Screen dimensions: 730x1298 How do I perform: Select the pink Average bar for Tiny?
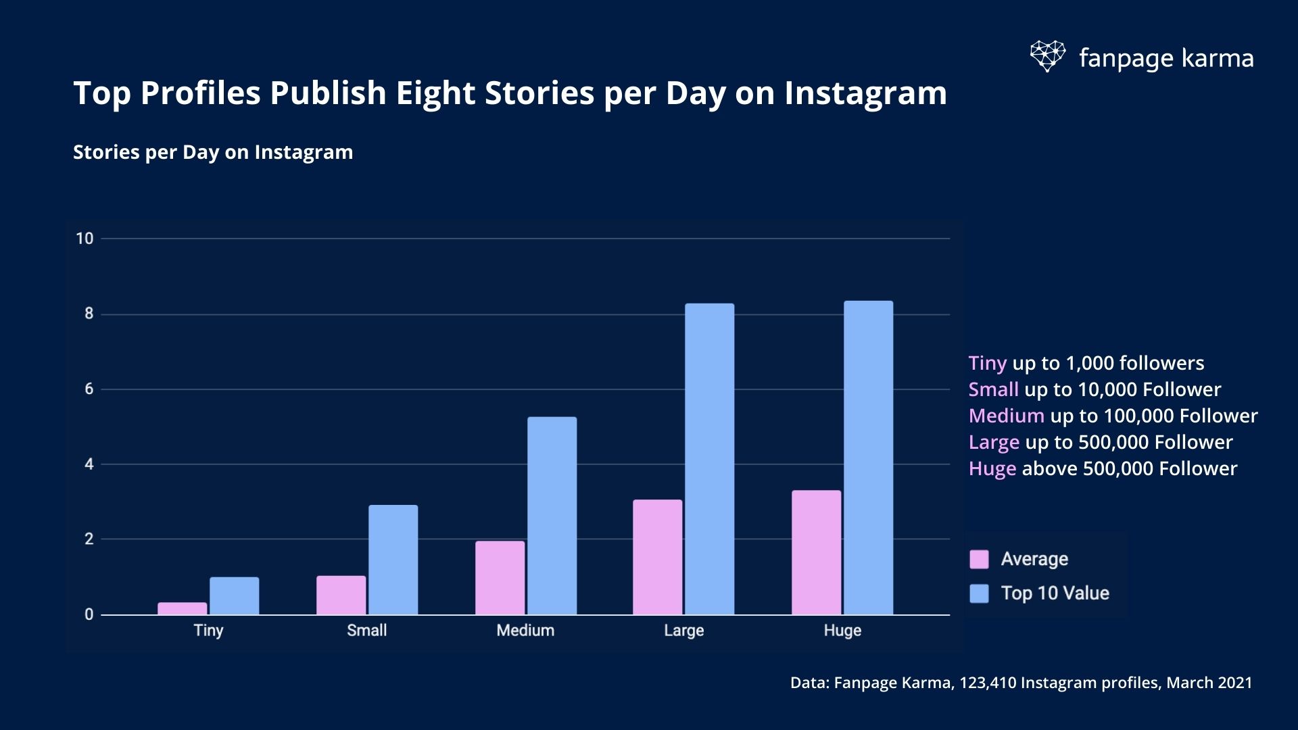[x=182, y=608]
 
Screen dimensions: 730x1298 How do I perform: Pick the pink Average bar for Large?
[x=657, y=557]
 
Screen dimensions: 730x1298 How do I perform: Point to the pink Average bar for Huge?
[x=816, y=552]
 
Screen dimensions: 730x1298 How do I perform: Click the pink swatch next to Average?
[x=979, y=559]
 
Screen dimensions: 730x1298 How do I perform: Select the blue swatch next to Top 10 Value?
[x=979, y=593]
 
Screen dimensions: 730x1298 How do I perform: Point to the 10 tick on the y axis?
[x=85, y=239]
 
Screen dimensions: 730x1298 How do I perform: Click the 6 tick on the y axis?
[x=89, y=389]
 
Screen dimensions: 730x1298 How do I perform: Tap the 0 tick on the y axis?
[x=89, y=614]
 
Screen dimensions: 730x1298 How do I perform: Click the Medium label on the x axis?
[x=525, y=630]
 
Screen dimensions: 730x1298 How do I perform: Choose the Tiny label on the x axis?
[x=208, y=630]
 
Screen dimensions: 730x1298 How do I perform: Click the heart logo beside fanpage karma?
[x=1047, y=56]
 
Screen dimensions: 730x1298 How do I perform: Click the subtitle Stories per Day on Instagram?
[x=213, y=152]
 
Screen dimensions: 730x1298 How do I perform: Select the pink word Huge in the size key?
[x=992, y=468]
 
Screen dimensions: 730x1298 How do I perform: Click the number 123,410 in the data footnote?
[x=987, y=683]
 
